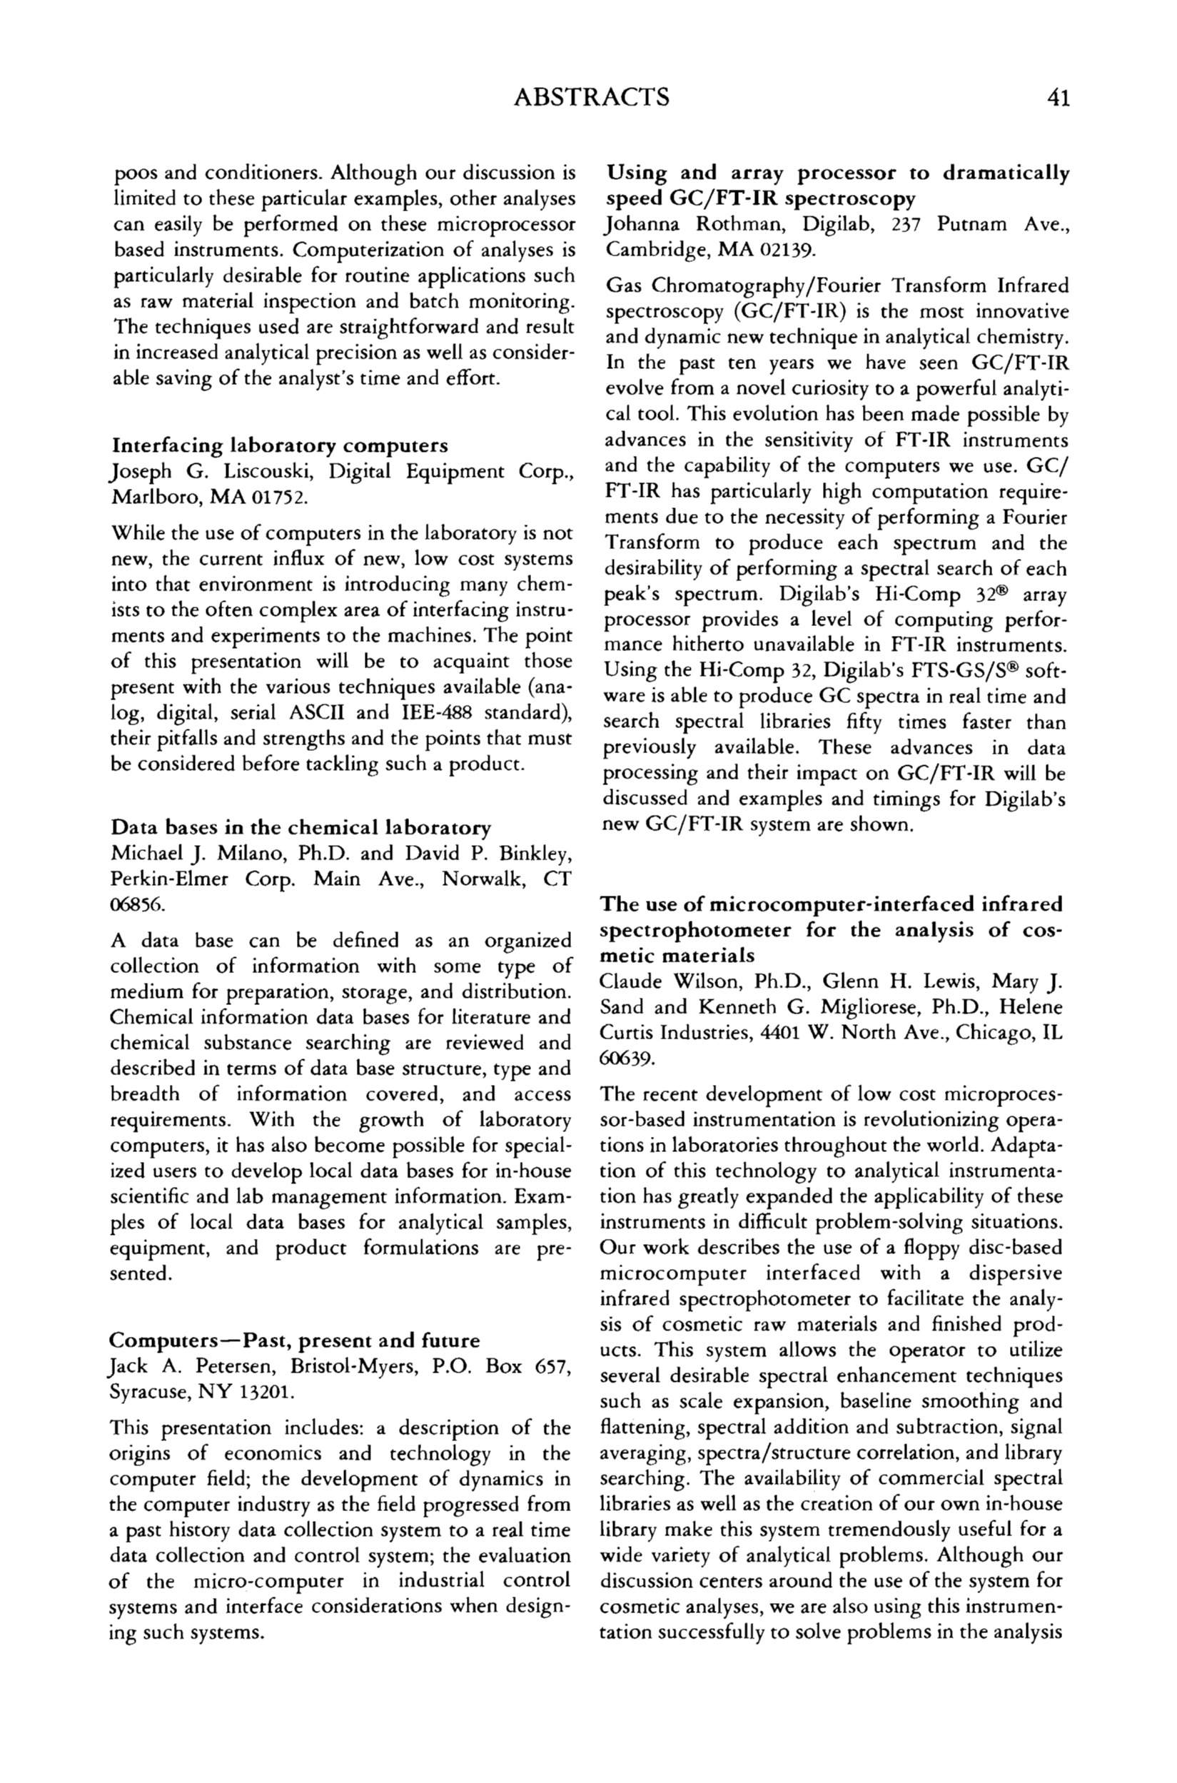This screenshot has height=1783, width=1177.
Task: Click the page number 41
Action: pyautogui.click(x=1059, y=98)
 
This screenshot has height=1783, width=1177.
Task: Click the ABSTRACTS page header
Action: pyautogui.click(x=592, y=98)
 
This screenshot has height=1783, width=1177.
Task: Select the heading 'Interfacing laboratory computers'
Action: pyautogui.click(x=279, y=445)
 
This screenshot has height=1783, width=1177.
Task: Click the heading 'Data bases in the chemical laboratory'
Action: pyautogui.click(x=300, y=828)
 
